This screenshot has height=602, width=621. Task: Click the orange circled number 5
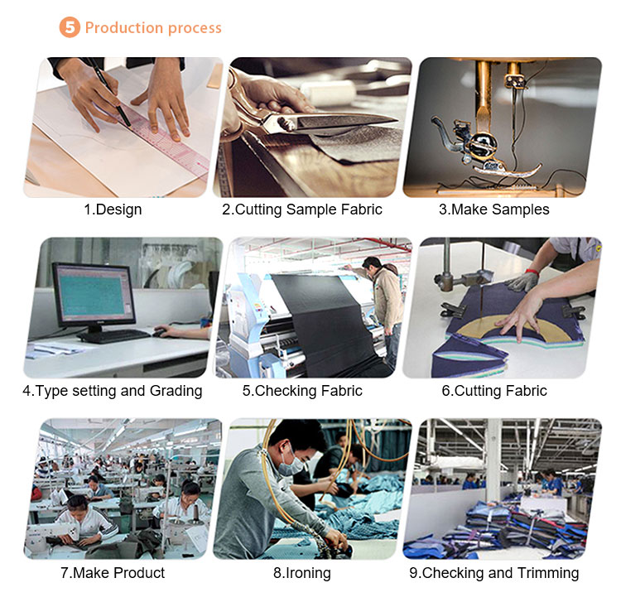70,27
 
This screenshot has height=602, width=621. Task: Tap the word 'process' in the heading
195,28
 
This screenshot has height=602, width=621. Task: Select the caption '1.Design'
113,209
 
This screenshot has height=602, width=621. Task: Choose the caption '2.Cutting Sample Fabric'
302,209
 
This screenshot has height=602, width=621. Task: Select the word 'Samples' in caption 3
521,209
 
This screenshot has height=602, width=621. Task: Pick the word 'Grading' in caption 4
176,392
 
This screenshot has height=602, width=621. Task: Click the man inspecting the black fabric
383,305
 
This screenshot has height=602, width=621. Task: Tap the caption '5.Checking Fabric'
302,391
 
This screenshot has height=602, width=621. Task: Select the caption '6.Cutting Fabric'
494,391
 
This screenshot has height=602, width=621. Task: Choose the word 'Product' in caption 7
139,573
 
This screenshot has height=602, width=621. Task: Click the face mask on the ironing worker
292,465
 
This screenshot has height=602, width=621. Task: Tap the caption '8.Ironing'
302,573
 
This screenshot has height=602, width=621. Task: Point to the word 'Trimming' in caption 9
548,573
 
